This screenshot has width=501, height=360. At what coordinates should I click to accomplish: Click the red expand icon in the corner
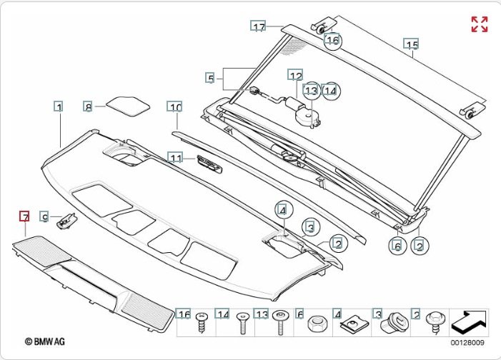pyautogui.click(x=479, y=24)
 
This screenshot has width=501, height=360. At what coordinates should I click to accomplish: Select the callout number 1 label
pyautogui.click(x=59, y=106)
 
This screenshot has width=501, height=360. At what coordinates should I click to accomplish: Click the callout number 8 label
pyautogui.click(x=89, y=106)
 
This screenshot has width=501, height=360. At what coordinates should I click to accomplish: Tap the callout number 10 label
pyautogui.click(x=175, y=107)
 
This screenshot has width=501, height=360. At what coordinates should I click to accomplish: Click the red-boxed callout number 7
pyautogui.click(x=24, y=216)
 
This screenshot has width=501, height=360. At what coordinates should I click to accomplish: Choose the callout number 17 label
pyautogui.click(x=258, y=27)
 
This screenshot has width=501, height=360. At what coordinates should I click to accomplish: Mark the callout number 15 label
pyautogui.click(x=410, y=44)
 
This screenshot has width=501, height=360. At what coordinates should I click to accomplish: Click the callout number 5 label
pyautogui.click(x=210, y=77)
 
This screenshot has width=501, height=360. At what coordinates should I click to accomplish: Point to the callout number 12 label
pyautogui.click(x=296, y=75)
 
